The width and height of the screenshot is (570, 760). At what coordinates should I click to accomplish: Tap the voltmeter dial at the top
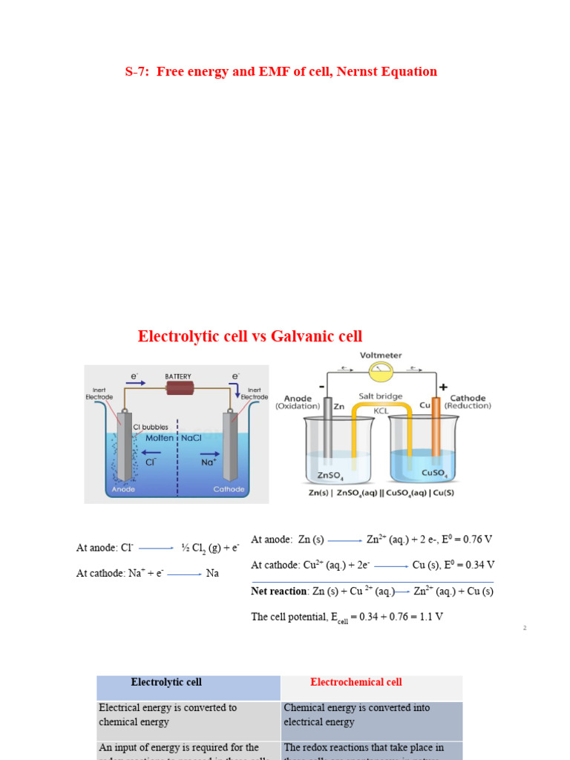point(381,368)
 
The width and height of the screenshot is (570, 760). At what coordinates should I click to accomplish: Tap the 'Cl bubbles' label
point(150,427)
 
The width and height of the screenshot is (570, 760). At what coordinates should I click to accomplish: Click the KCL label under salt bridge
point(381,410)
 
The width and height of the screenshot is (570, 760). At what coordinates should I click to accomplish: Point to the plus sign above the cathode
point(443,387)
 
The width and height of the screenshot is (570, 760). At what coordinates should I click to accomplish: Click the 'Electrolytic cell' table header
point(166,682)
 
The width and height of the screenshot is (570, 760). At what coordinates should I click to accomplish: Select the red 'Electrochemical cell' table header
point(356,682)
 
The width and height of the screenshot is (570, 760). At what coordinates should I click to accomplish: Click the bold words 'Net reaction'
point(278,592)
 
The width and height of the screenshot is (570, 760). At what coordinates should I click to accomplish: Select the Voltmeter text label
point(381,356)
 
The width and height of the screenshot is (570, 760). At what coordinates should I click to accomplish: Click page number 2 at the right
point(524,629)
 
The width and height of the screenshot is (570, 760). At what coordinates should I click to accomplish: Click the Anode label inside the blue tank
point(123,489)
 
